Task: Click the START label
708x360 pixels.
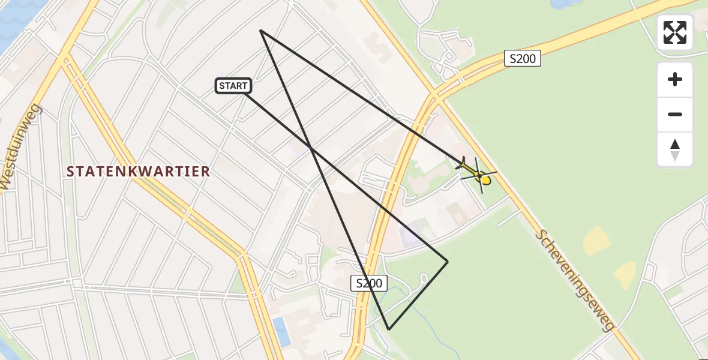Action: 233,86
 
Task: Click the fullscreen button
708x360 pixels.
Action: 675,32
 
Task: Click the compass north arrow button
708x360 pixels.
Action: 675,149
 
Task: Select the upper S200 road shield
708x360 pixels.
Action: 523,58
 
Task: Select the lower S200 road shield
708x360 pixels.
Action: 368,283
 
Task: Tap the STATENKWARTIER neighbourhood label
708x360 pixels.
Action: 139,172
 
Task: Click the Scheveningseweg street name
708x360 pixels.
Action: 575,280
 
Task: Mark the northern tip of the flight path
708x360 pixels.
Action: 261,30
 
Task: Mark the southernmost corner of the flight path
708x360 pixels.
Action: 389,329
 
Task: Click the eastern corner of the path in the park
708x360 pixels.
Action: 448,261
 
